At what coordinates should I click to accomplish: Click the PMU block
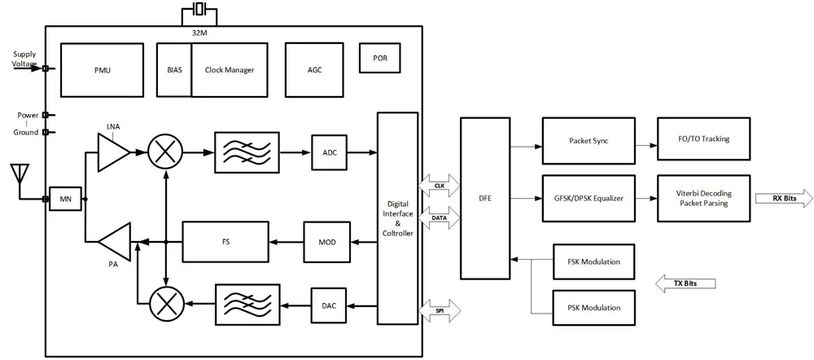(x=102, y=70)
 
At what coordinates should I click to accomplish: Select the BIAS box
(x=174, y=70)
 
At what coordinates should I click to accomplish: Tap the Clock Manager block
(x=230, y=70)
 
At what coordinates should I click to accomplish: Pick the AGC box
(x=314, y=70)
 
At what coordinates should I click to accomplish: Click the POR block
(x=380, y=58)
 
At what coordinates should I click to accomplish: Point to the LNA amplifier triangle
(x=112, y=152)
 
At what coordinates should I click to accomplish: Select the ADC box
(x=330, y=152)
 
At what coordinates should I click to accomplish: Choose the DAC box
(x=330, y=305)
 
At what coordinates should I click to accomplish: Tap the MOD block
(x=326, y=242)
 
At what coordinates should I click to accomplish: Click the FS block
(x=225, y=242)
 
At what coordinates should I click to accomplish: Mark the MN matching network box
(x=65, y=199)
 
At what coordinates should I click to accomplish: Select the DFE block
(x=485, y=198)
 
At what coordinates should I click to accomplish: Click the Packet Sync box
(x=589, y=140)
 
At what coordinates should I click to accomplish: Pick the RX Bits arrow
(x=781, y=198)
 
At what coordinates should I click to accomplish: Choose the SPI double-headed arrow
(x=440, y=310)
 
